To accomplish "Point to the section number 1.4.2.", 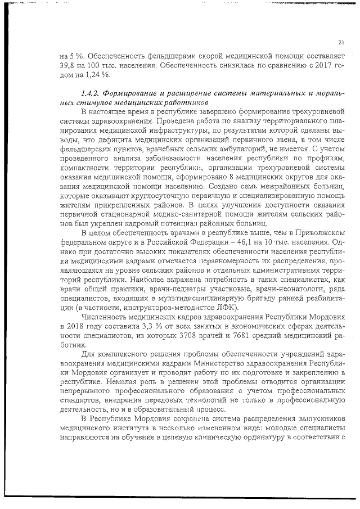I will [x=92, y=93].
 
